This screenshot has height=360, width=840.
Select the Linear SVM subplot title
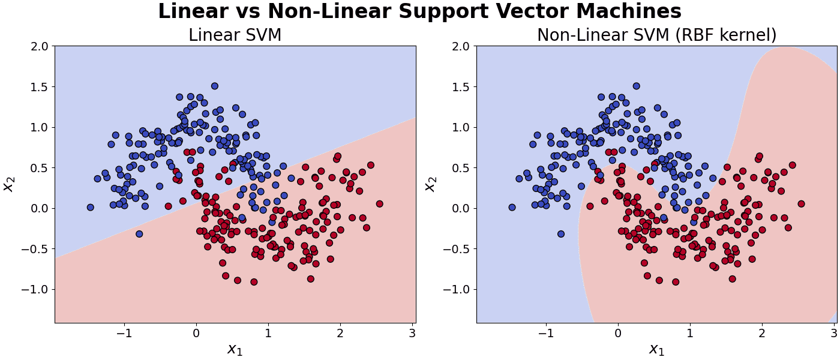point(235,35)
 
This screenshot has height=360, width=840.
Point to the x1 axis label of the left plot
point(235,349)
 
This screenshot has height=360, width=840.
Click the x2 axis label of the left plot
point(9,184)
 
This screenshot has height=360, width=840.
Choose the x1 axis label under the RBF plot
point(657,349)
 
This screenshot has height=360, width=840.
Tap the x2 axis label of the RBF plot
point(430,184)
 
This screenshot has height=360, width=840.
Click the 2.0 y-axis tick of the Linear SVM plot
point(38,47)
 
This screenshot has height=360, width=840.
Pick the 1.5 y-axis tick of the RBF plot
point(460,87)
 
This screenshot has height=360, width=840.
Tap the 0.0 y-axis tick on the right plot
point(460,209)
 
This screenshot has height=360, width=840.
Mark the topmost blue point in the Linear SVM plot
point(215,86)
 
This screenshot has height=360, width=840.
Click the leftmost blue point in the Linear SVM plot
point(91,207)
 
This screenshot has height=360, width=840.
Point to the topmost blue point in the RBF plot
point(636,86)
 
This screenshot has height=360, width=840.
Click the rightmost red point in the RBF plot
point(801,203)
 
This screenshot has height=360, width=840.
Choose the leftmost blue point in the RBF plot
point(512,207)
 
